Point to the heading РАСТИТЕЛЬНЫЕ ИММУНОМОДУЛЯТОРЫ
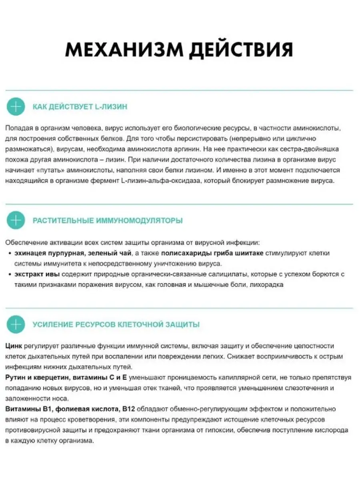tap(108, 220)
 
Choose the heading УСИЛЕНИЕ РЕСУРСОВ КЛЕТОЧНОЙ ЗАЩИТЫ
tap(116, 324)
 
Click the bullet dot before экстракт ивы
tap(10, 275)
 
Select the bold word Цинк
tap(14, 346)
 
